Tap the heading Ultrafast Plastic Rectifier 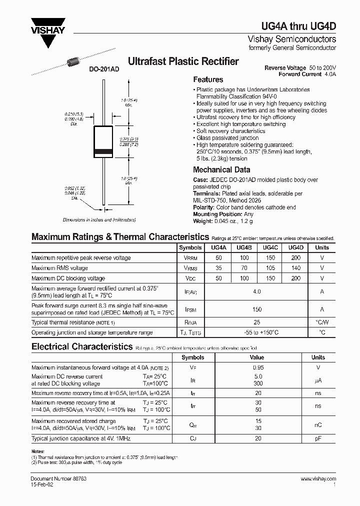[183, 62]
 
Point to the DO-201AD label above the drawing [104, 70]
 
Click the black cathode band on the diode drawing [104, 151]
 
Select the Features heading [208, 79]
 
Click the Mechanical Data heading [221, 169]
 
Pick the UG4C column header [270, 247]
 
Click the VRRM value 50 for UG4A [218, 258]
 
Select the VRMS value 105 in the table [270, 268]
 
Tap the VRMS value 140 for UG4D [296, 268]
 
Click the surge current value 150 [257, 309]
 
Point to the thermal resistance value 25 [257, 322]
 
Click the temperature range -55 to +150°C [257, 332]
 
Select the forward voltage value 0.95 [257, 367]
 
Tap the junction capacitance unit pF [318, 438]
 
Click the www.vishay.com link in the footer [318, 479]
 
